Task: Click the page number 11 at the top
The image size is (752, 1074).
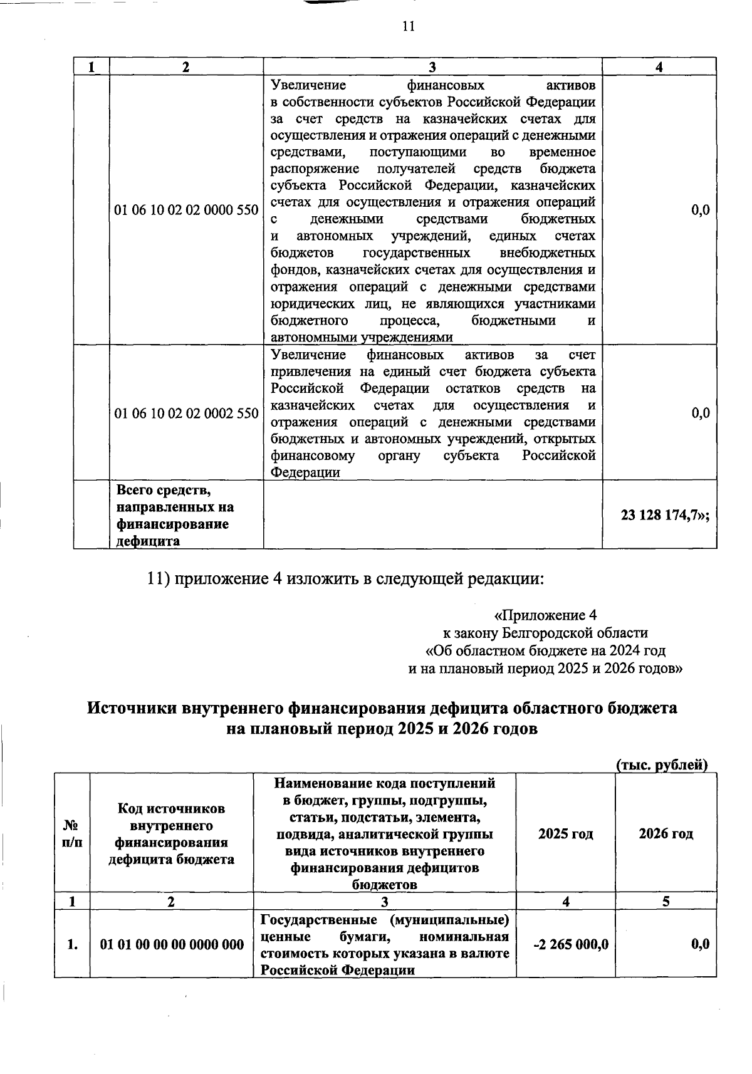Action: click(408, 26)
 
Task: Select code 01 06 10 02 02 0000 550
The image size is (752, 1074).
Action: click(186, 210)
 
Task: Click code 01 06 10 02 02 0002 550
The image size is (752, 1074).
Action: click(186, 414)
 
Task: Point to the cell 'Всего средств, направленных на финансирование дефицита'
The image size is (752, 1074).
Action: click(175, 514)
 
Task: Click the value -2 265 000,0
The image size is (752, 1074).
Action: click(570, 944)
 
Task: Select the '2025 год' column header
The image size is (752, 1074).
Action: click(565, 834)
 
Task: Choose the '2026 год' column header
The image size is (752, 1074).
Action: click(666, 834)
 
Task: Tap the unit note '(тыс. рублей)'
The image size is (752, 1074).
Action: click(662, 765)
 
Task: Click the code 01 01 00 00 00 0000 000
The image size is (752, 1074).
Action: click(172, 944)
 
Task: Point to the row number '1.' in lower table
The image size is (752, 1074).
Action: click(72, 944)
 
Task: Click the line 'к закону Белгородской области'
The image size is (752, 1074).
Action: click(545, 632)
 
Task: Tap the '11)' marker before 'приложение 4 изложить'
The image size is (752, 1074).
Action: click(158, 578)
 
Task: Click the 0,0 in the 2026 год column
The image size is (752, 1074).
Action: click(700, 944)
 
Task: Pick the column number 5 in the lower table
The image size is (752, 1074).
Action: click(666, 901)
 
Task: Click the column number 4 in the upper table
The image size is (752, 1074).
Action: click(659, 67)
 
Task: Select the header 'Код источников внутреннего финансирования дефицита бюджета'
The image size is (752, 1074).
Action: click(172, 834)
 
